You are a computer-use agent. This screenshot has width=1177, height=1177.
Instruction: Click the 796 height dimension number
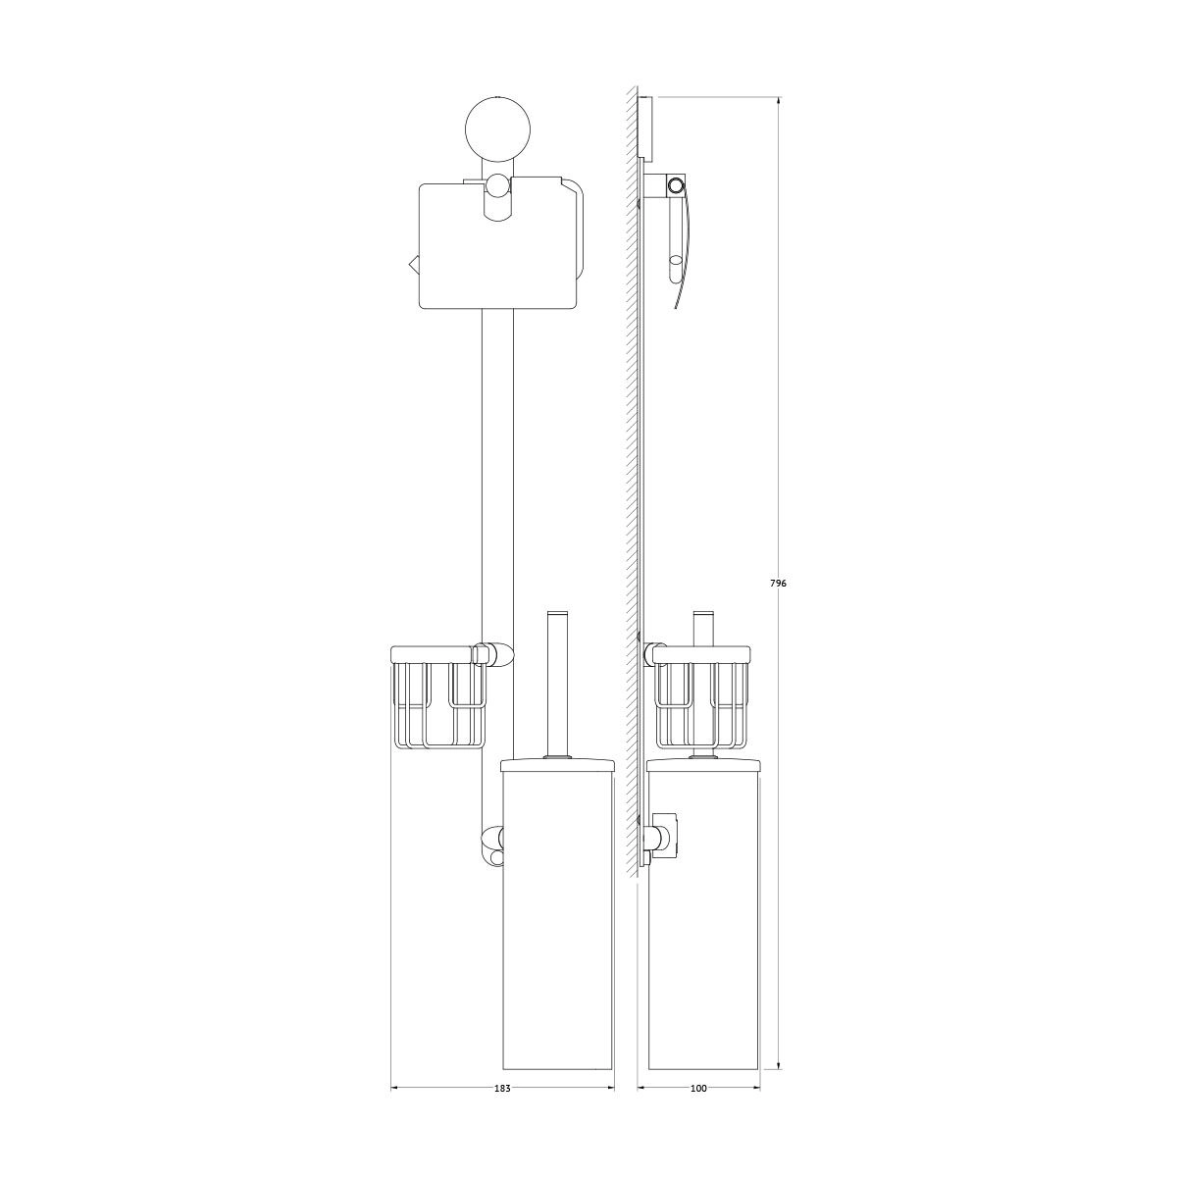778,584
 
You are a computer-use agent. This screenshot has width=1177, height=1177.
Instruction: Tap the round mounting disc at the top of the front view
498,128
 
